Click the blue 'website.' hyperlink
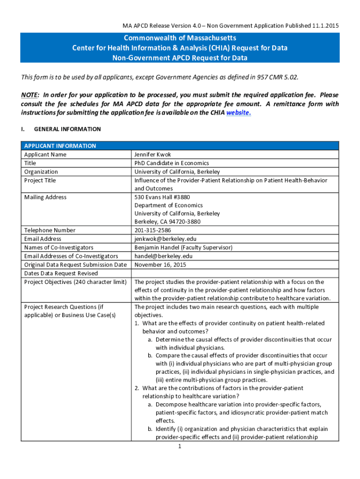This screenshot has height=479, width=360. (238, 113)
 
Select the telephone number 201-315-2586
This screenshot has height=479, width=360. (152, 230)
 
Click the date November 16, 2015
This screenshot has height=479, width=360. (160, 265)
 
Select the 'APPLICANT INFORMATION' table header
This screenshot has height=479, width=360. (60, 146)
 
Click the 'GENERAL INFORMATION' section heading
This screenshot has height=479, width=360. (67, 129)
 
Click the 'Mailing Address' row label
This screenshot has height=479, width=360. (45, 197)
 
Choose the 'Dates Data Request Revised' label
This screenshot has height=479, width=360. (61, 273)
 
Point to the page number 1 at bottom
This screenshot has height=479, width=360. (180, 446)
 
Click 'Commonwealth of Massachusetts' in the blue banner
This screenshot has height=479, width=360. (180, 38)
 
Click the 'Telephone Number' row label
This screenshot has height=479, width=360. (50, 230)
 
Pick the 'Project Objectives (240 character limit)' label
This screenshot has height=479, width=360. (75, 282)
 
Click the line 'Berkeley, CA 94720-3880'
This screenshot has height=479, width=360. (167, 222)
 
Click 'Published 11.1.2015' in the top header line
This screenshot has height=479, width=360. (313, 25)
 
